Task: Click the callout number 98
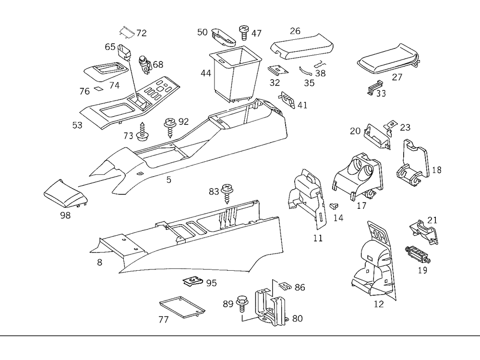[65, 215]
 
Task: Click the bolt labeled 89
[242, 304]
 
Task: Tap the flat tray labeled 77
[181, 307]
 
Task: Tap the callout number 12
[379, 304]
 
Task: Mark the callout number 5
[168, 180]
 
